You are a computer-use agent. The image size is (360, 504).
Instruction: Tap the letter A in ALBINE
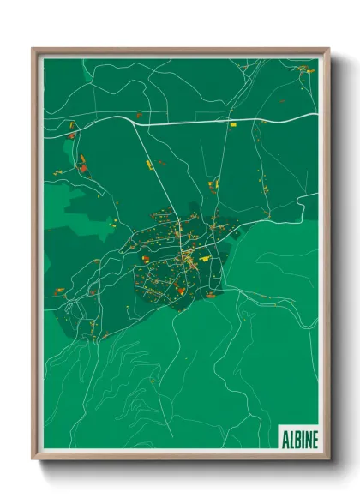[x=285, y=440]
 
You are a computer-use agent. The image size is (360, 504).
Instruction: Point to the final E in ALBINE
[x=315, y=440]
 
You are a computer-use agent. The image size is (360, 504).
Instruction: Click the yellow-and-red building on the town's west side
[x=147, y=256]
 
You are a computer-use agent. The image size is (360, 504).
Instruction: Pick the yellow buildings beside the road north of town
[x=215, y=183]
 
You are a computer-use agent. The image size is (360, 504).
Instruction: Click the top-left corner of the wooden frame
[x=33, y=48]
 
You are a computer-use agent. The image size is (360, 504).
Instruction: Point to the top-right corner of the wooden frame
[x=328, y=48]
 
